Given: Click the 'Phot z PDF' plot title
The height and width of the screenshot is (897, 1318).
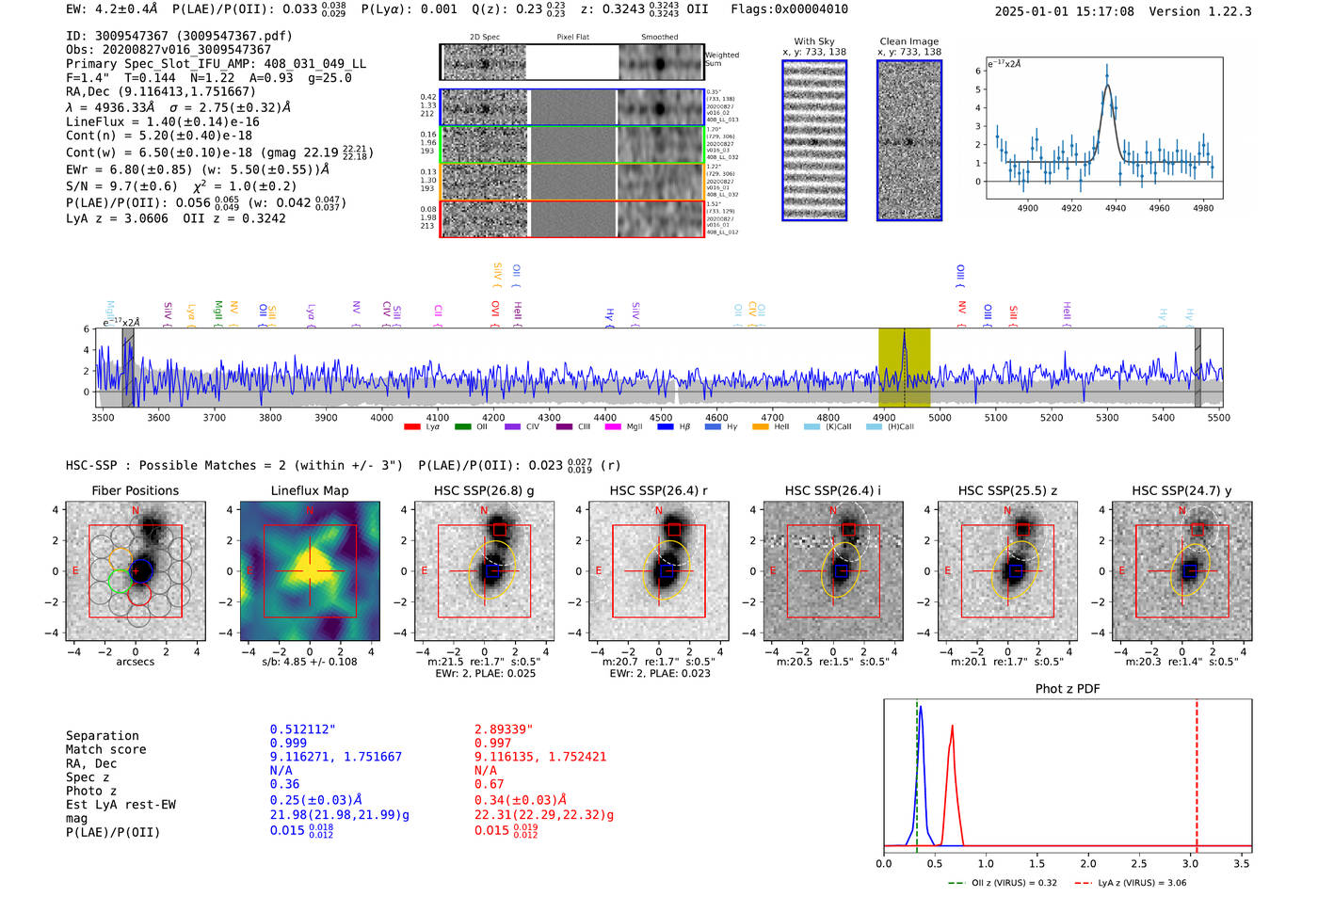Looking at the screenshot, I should (x=1067, y=689).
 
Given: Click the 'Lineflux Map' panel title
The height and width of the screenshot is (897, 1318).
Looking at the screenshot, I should (x=309, y=490).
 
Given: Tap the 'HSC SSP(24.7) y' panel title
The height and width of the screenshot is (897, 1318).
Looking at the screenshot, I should (x=1181, y=490).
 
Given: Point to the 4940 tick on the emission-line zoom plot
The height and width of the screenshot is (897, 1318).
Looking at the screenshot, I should (x=1116, y=208).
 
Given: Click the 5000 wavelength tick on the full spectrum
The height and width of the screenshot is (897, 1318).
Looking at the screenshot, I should (x=940, y=418).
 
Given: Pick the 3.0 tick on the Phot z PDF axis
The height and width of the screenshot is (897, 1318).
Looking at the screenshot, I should (x=1190, y=863).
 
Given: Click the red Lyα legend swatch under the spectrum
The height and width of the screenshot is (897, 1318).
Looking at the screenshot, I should (x=412, y=427).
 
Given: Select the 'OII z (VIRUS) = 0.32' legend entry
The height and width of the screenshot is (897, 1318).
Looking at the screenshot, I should (x=1003, y=883).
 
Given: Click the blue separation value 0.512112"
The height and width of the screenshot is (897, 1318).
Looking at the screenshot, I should (x=302, y=729).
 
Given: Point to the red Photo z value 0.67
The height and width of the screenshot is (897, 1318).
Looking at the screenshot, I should (x=489, y=784).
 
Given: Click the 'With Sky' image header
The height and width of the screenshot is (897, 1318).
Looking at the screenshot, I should (x=813, y=41).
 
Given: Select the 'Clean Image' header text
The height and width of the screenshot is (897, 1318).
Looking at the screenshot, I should (x=908, y=41).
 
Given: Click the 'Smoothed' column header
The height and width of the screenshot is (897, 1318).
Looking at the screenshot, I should (x=659, y=38).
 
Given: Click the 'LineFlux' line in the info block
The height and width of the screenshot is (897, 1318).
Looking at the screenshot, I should (x=162, y=121).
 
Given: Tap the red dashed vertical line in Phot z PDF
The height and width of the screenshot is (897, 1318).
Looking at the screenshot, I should (x=1197, y=772).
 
